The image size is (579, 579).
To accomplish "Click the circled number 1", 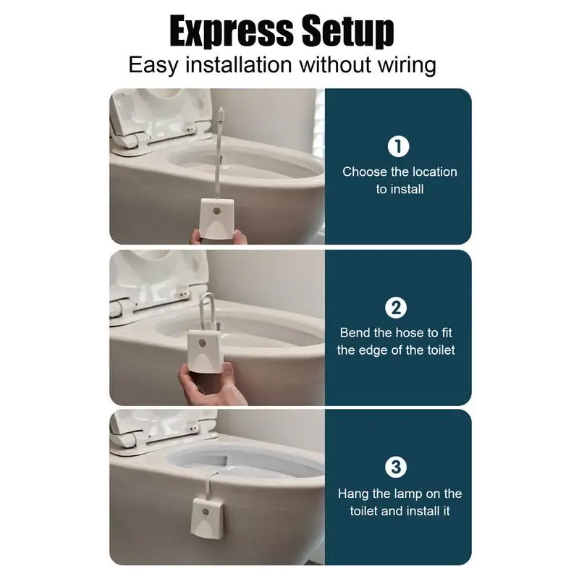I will point(399,147).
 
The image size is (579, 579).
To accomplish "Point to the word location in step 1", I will point(434,172).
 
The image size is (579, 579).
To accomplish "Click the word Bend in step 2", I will point(355,333).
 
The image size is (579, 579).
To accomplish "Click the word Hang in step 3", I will point(352,494).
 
